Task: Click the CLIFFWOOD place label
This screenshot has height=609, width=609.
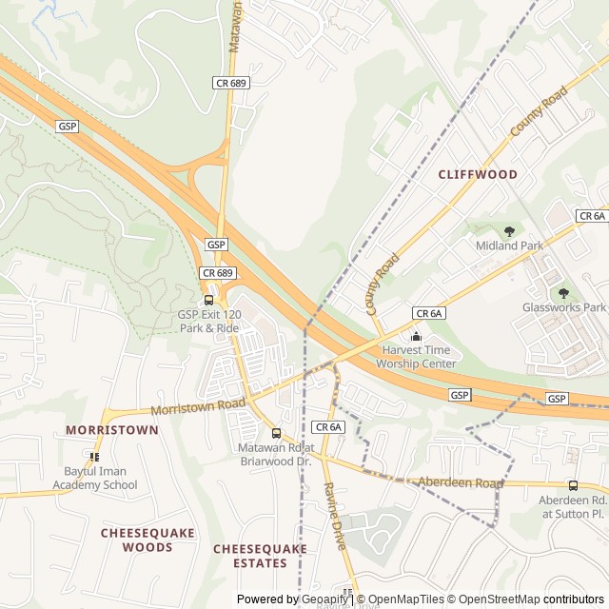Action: pyautogui.click(x=478, y=175)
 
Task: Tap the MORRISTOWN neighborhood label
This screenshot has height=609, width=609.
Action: pyautogui.click(x=112, y=430)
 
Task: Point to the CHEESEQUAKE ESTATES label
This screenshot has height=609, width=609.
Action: pyautogui.click(x=260, y=556)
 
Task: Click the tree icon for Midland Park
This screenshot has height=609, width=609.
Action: pyautogui.click(x=509, y=231)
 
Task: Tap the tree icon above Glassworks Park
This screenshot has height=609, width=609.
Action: pyautogui.click(x=563, y=293)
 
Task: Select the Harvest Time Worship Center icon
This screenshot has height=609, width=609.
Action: pyautogui.click(x=415, y=336)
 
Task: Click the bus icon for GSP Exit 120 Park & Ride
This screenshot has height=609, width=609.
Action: pyautogui.click(x=208, y=301)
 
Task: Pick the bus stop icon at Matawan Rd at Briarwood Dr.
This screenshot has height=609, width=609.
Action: pyautogui.click(x=276, y=434)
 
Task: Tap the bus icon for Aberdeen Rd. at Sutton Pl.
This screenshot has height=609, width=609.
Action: pyautogui.click(x=572, y=485)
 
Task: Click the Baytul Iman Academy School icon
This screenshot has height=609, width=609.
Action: pyautogui.click(x=94, y=458)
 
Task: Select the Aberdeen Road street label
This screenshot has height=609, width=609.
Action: pyautogui.click(x=461, y=483)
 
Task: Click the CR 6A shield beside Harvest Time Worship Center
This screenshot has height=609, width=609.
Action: pyautogui.click(x=429, y=313)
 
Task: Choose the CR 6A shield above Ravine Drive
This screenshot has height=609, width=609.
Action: pyautogui.click(x=327, y=427)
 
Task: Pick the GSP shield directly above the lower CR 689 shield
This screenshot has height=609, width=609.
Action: pyautogui.click(x=217, y=245)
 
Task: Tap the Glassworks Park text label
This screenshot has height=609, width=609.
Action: pyautogui.click(x=563, y=307)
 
